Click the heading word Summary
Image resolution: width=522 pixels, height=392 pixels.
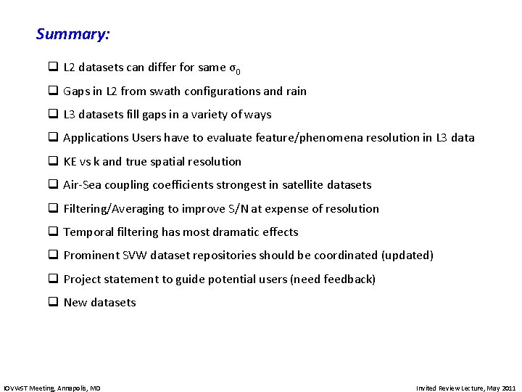(72, 34)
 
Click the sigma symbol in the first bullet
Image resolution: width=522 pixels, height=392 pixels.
(233, 68)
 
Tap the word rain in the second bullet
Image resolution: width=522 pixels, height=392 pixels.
(296, 91)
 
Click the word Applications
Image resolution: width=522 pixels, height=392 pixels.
(96, 138)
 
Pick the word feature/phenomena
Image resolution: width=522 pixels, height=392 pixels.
(314, 138)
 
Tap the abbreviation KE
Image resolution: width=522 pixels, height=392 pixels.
(71, 162)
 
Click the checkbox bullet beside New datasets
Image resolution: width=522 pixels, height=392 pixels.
(53, 303)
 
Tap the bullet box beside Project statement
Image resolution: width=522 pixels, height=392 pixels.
(53, 279)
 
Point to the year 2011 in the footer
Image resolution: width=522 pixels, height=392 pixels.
(508, 388)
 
